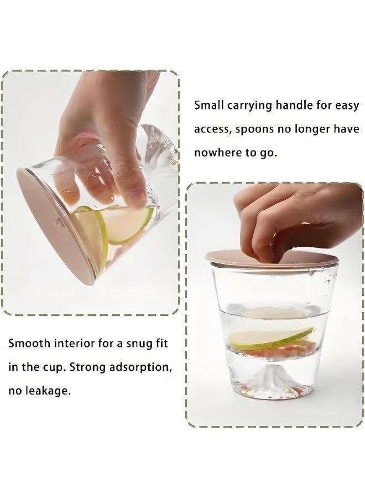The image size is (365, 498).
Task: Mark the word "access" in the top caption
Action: tap(212, 129)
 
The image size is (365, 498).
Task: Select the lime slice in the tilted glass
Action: tap(127, 224)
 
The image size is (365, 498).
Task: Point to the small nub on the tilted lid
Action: tap(57, 222)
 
